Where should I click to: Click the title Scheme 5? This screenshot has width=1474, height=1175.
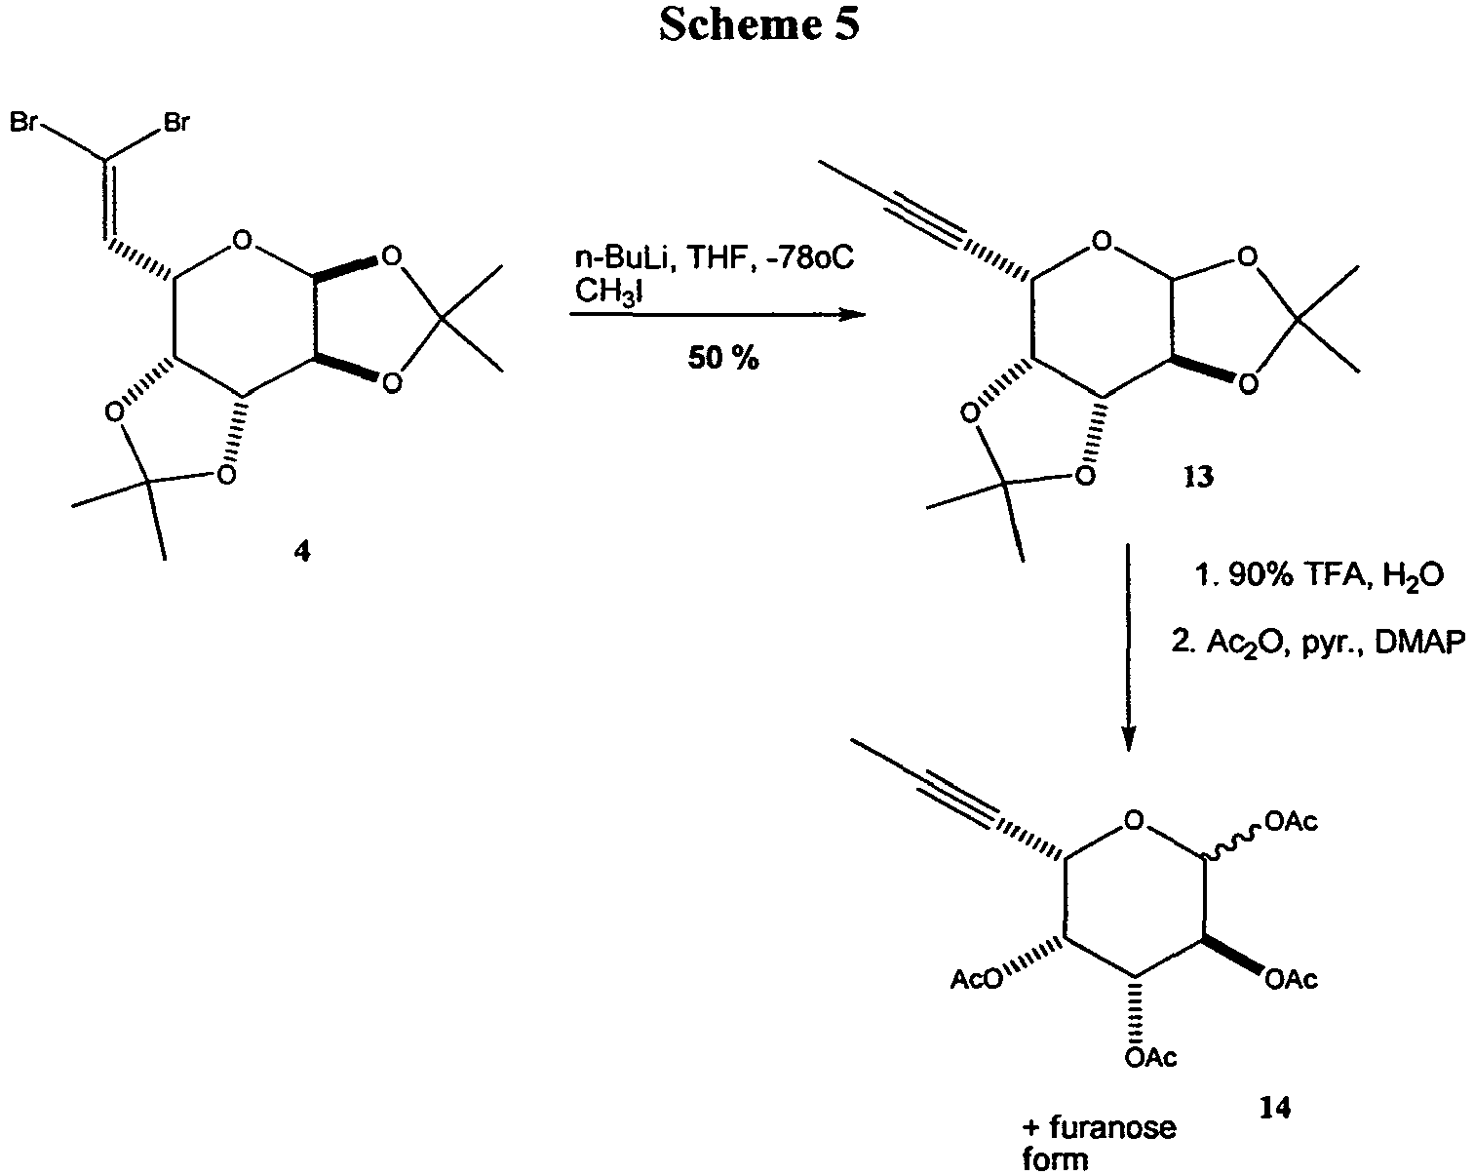click(x=758, y=26)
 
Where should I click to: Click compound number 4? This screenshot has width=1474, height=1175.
click(x=300, y=552)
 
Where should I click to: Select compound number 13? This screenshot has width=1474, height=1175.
click(x=1198, y=478)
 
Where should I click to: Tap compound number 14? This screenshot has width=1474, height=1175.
click(x=1275, y=1108)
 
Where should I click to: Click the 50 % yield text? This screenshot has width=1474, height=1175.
click(x=722, y=358)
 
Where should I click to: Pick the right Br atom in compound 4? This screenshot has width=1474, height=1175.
click(x=176, y=124)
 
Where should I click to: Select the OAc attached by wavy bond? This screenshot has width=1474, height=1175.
click(x=1292, y=824)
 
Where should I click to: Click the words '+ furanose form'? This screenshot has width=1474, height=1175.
click(x=1099, y=1143)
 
